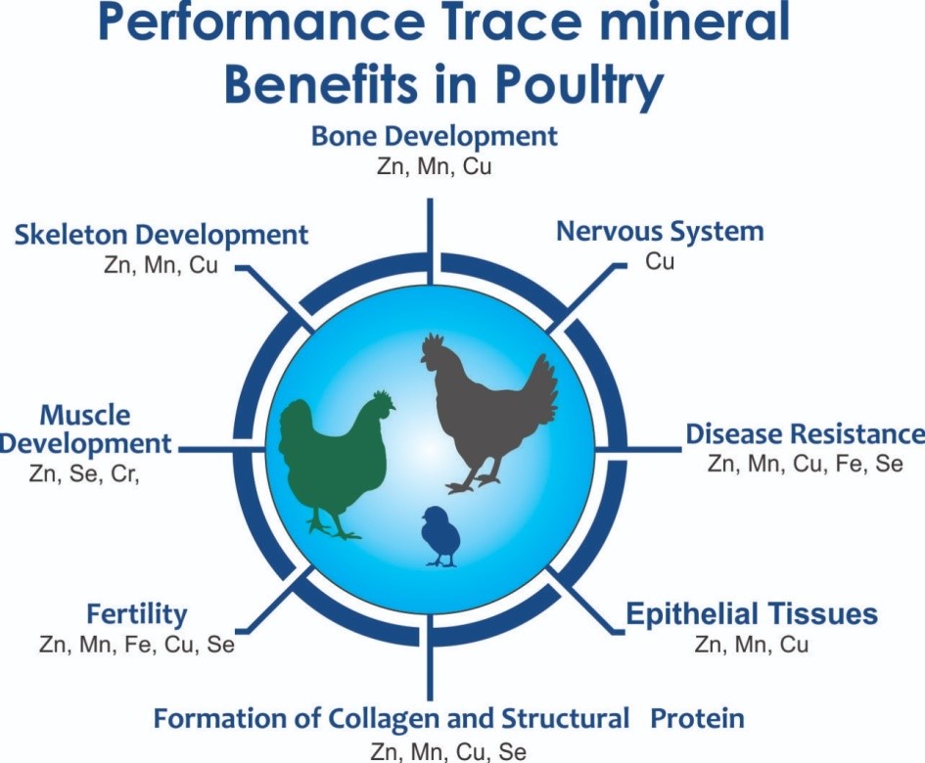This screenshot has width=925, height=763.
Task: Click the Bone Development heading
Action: click(434, 137)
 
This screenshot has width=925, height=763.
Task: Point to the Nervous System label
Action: click(660, 231)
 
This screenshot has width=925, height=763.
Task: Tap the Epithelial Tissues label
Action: click(752, 613)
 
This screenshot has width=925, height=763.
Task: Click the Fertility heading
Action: click(137, 614)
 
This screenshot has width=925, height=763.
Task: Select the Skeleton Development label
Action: click(162, 235)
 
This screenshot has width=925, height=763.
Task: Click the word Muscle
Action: click(85, 416)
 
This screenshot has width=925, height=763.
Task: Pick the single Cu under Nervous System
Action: click(660, 261)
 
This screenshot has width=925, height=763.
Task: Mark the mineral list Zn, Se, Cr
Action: click(84, 474)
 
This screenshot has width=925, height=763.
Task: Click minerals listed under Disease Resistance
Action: click(806, 464)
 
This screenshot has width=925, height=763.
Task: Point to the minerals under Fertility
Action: click(137, 645)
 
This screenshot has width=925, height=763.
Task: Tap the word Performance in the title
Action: click(260, 23)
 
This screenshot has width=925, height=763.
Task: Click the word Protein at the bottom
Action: click(697, 719)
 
